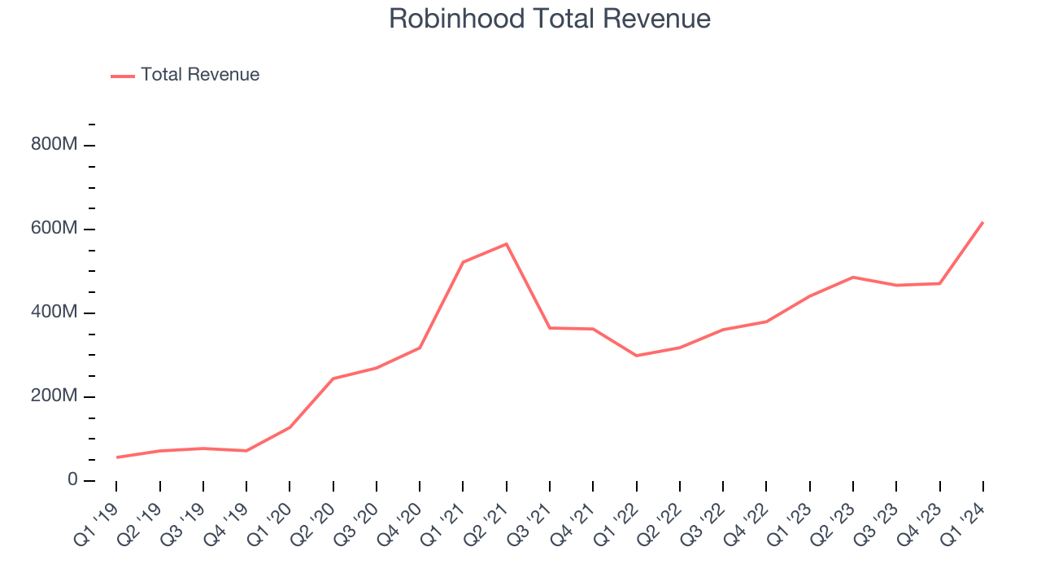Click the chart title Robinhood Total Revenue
(550, 19)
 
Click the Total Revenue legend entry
(199, 75)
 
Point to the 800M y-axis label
(55, 145)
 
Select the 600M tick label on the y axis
(55, 229)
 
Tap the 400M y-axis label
(55, 313)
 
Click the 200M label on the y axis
(55, 396)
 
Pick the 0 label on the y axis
(72, 480)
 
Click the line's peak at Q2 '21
(507, 244)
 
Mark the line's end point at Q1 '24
(982, 222)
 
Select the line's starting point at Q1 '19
(117, 457)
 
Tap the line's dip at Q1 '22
(636, 356)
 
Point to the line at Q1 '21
(463, 262)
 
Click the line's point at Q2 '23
(853, 278)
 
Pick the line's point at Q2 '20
(333, 378)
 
